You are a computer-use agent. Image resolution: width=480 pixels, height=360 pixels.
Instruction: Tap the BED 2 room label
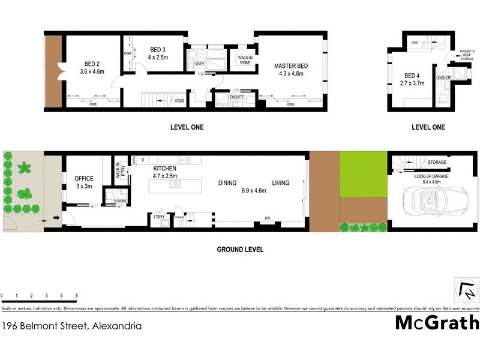click(x=92, y=65)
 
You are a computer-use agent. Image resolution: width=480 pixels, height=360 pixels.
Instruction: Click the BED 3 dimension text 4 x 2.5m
click(x=158, y=57)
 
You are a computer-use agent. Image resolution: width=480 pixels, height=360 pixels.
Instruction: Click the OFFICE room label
click(x=84, y=178)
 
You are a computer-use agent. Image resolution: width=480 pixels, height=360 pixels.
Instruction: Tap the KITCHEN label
click(x=164, y=169)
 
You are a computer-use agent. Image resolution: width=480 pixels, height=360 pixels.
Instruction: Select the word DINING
click(x=227, y=183)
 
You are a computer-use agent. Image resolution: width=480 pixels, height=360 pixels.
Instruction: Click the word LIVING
click(x=280, y=183)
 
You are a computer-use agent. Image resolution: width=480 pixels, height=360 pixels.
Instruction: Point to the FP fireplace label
click(x=268, y=219)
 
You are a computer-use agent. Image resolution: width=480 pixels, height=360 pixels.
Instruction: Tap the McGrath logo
click(x=437, y=323)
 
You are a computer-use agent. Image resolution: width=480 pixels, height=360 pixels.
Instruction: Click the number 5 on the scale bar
click(x=76, y=295)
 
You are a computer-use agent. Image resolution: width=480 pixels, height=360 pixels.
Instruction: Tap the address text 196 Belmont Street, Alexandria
click(x=72, y=326)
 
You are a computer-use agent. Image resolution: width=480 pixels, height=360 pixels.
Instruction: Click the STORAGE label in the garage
click(x=437, y=163)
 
